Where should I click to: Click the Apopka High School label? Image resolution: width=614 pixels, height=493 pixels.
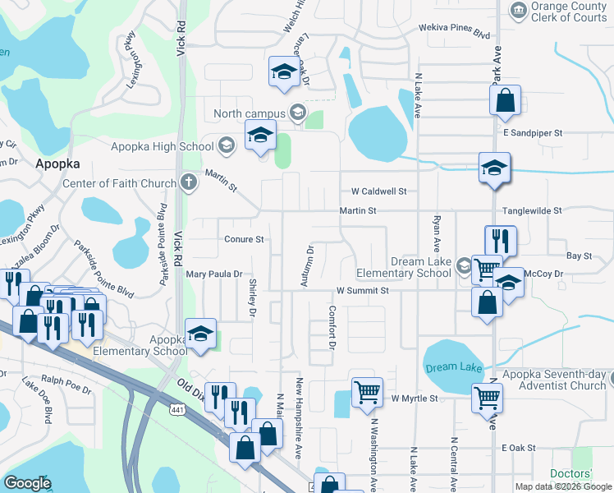[162, 146]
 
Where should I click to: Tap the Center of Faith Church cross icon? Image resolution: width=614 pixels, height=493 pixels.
[188, 182]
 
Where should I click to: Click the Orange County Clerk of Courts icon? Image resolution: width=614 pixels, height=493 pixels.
[518, 10]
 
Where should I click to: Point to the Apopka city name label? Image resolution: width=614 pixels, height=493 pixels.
[56, 164]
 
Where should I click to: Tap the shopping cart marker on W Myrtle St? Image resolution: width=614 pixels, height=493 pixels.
[366, 392]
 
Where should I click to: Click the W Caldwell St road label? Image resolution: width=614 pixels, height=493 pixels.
[378, 191]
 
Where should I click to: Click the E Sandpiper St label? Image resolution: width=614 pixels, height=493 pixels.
[533, 132]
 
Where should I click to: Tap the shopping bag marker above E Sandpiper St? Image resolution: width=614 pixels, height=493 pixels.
[505, 101]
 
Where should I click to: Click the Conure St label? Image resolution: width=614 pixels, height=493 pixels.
[244, 240]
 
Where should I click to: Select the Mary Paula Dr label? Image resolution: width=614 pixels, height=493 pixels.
[215, 274]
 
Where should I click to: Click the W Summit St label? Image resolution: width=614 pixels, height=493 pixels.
[362, 291]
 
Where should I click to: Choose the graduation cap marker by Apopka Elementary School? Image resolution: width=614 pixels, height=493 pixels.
[200, 333]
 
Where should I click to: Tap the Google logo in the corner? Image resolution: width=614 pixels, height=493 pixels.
[27, 483]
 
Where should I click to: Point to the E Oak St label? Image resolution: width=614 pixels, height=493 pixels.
[518, 448]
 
